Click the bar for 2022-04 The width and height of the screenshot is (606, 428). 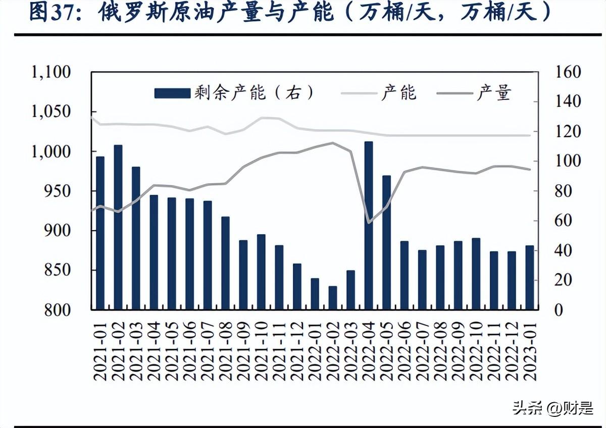pyautogui.click(x=369, y=226)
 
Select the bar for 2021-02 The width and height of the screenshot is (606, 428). pyautogui.click(x=118, y=227)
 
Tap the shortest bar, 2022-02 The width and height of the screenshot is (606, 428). pyautogui.click(x=333, y=298)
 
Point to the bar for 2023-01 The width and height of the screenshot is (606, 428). pyautogui.click(x=530, y=277)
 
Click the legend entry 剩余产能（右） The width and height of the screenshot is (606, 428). pyautogui.click(x=234, y=93)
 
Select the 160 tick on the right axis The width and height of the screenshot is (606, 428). pyautogui.click(x=568, y=72)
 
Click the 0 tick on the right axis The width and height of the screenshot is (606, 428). pyautogui.click(x=559, y=309)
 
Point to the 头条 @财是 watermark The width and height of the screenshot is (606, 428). pyautogui.click(x=553, y=407)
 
